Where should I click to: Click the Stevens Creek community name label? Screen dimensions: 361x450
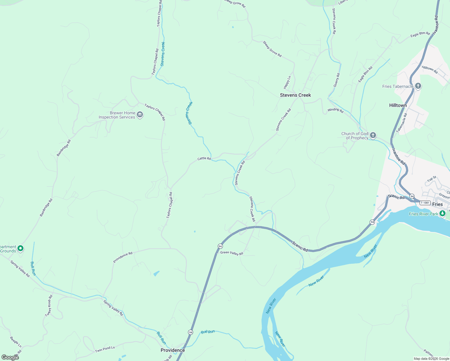pyautogui.click(x=295, y=95)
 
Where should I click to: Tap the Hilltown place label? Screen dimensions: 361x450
pyautogui.click(x=398, y=105)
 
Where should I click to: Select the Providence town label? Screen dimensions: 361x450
pyautogui.click(x=173, y=350)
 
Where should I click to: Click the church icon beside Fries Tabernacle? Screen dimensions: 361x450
pyautogui.click(x=418, y=86)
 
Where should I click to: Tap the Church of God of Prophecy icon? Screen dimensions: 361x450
pyautogui.click(x=373, y=135)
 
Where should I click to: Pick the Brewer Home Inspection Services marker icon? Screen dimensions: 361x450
pyautogui.click(x=140, y=115)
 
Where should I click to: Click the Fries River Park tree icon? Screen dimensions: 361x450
pyautogui.click(x=442, y=214)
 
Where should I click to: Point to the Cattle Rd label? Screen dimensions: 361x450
pyautogui.click(x=204, y=158)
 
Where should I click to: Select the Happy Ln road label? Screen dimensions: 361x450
pyautogui.click(x=287, y=82)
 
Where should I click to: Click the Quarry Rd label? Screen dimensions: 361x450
pyautogui.click(x=336, y=80)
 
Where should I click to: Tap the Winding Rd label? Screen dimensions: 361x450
pyautogui.click(x=335, y=110)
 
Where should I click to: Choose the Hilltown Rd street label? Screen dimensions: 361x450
pyautogui.click(x=430, y=70)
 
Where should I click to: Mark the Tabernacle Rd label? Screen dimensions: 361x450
pyautogui.click(x=402, y=123)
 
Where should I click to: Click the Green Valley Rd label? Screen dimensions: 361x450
pyautogui.click(x=231, y=253)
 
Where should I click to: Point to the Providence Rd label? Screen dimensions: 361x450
pyautogui.click(x=123, y=258)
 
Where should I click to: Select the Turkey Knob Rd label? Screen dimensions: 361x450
pyautogui.click(x=49, y=306)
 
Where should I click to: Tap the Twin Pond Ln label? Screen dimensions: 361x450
pyautogui.click(x=105, y=349)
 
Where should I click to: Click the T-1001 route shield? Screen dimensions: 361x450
pyautogui.click(x=425, y=203)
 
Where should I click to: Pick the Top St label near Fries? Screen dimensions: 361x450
pyautogui.click(x=432, y=179)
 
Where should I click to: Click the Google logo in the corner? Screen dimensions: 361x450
pyautogui.click(x=10, y=357)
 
